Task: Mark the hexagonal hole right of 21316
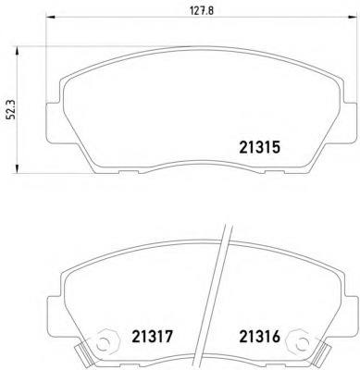click(x=298, y=340)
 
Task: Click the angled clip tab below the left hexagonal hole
click(x=85, y=356)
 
